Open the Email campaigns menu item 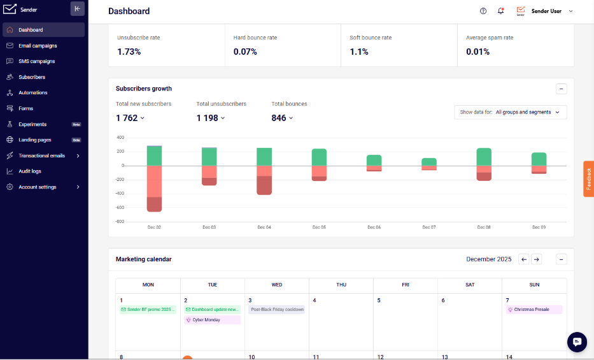tap(38, 46)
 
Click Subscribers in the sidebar tap(32, 77)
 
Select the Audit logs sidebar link tap(30, 171)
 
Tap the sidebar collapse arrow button tap(77, 9)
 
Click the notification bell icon tap(500, 11)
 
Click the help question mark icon tap(483, 11)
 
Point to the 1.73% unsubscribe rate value tap(129, 52)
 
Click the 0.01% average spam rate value tap(477, 52)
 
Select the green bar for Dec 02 tap(154, 156)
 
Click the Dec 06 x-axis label tap(374, 227)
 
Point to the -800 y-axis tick tap(120, 221)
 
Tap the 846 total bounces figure tap(279, 119)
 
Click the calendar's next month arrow tap(536, 259)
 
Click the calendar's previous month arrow tap(523, 259)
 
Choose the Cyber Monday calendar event tap(212, 320)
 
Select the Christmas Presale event tap(534, 310)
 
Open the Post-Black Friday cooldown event tap(277, 310)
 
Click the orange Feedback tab tap(588, 179)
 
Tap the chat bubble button tap(577, 342)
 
